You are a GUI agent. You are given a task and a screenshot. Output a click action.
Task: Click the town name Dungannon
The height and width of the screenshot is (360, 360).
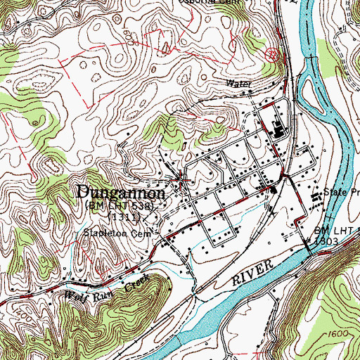click(121, 192)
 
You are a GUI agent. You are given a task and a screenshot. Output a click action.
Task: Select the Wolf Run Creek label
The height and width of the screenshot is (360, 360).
click(105, 290)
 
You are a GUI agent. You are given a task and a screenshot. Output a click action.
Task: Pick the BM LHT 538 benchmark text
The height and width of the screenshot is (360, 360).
click(124, 207)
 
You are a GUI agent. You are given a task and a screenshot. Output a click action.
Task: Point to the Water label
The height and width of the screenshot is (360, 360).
click(238, 83)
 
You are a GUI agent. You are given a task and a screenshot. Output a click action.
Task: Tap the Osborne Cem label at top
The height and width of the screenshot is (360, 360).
click(240, 3)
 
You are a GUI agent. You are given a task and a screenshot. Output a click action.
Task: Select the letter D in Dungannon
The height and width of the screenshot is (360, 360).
click(83, 192)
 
